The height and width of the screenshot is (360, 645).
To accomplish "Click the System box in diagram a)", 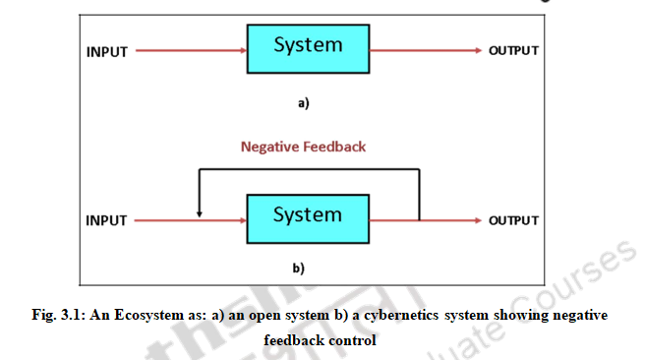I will click(x=308, y=47).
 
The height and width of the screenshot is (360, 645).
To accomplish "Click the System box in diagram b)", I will click(x=308, y=216).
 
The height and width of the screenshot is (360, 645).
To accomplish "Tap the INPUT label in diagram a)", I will click(x=106, y=51).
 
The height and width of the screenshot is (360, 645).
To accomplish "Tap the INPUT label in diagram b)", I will click(x=106, y=220).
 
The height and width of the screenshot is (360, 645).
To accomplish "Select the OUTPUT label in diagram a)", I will click(x=513, y=51).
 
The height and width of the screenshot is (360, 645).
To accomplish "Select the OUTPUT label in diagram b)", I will click(x=513, y=220).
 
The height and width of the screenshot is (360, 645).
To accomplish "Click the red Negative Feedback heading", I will click(x=303, y=147).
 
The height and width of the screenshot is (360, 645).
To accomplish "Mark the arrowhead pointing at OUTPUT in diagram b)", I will click(x=478, y=219).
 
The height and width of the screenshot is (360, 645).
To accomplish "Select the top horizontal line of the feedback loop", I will click(x=309, y=169).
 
